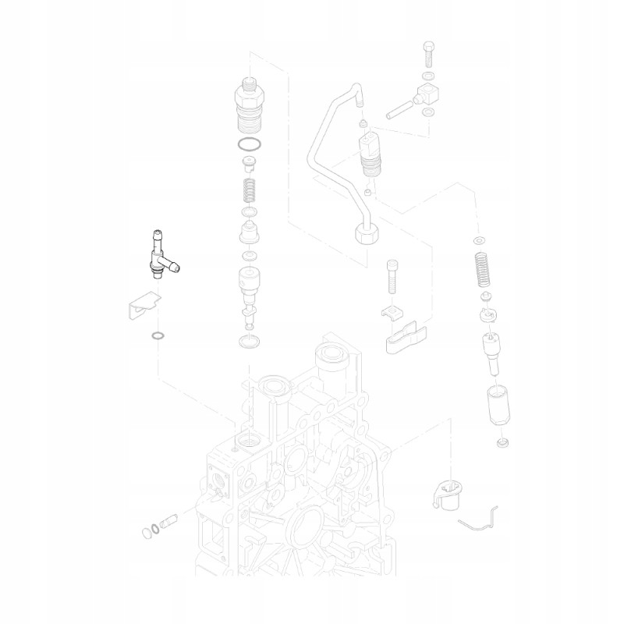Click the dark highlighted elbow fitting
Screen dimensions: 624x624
(x=159, y=257)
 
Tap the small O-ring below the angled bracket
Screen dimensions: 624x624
(x=157, y=336)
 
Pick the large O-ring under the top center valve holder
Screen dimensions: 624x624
(x=249, y=145)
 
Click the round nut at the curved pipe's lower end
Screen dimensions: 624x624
(x=367, y=232)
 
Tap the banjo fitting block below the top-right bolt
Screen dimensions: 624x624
(x=427, y=97)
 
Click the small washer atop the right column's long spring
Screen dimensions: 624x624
(x=479, y=239)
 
